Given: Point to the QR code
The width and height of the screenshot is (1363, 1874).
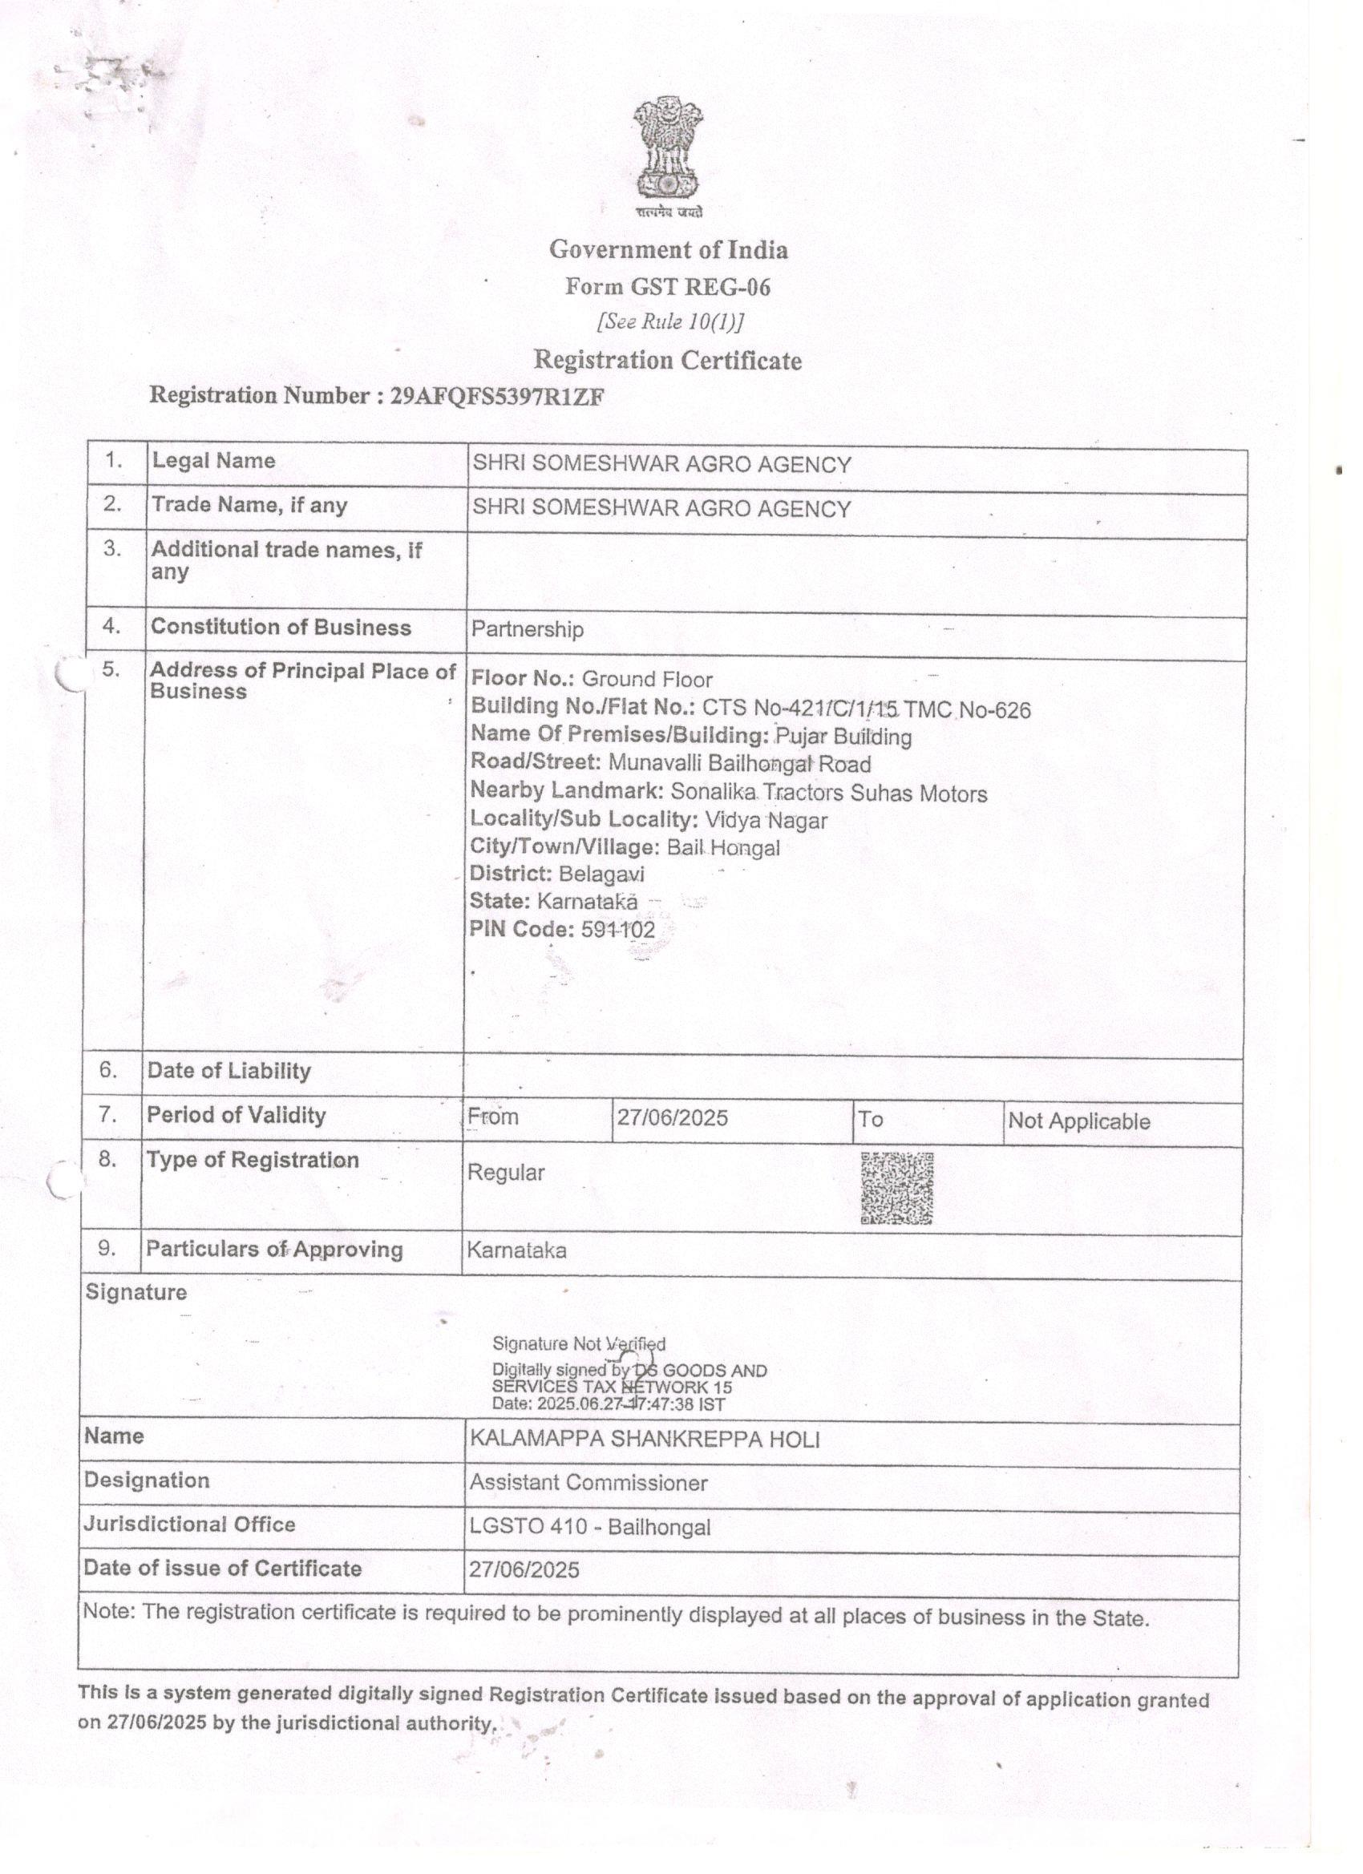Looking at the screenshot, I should (897, 1188).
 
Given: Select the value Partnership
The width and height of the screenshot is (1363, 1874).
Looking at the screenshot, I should (528, 630).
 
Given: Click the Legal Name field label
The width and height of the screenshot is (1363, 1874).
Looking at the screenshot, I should (213, 460).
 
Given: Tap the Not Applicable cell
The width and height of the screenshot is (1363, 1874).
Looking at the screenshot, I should (1078, 1121).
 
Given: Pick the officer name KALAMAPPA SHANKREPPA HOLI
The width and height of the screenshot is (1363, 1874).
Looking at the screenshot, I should (645, 1440).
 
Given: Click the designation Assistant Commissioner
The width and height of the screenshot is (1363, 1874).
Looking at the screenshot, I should (588, 1483).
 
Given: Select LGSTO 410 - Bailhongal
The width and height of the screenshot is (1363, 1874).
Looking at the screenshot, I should (590, 1527).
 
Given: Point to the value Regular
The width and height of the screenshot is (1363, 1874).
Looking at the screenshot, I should (506, 1173).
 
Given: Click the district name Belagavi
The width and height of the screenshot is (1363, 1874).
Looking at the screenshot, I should (601, 874).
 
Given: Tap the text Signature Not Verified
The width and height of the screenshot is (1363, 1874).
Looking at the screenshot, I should (579, 1344).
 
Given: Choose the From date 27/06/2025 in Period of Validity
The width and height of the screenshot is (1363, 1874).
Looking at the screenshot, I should (672, 1118).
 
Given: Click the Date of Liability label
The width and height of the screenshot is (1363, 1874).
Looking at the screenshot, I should (229, 1071).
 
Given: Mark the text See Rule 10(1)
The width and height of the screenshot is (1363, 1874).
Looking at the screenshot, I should (669, 321).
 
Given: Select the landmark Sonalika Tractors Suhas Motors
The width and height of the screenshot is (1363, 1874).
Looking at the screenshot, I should (829, 794).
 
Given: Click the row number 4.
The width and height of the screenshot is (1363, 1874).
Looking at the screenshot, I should (111, 626).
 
